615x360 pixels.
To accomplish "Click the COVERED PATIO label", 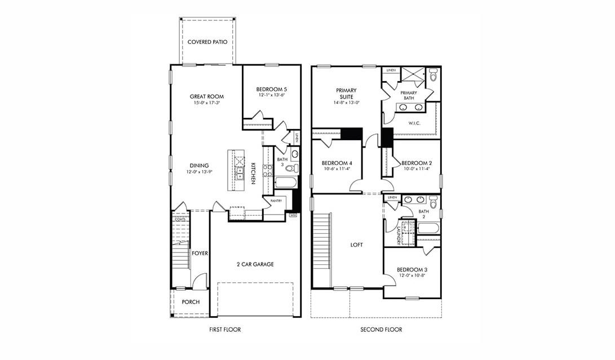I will click(207, 42).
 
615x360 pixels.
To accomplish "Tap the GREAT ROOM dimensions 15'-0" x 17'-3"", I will click(207, 103).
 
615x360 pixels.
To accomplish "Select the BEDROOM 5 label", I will click(271, 89).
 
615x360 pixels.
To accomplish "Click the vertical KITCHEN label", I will click(253, 174).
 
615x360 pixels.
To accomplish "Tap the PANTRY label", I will click(276, 200).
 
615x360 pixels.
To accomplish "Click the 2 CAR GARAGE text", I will click(255, 264).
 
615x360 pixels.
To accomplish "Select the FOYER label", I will click(200, 254).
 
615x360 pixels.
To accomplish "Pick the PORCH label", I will click(191, 302).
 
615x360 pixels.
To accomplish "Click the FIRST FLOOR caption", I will click(224, 330).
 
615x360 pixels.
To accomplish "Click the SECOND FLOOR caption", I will click(381, 330).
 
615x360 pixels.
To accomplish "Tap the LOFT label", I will click(356, 245).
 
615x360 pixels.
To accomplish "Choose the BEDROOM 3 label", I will click(412, 269).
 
